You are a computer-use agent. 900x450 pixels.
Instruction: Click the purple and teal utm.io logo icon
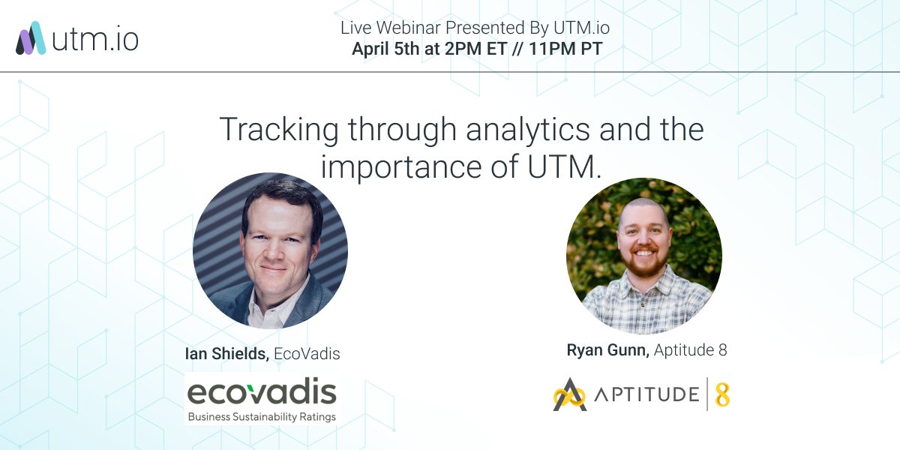coord(31,38)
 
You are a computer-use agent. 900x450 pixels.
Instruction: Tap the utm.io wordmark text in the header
coord(95,38)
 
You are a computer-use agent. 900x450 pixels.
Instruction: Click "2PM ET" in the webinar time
coord(466,49)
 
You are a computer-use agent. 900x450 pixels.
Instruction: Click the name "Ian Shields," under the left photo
coord(227,354)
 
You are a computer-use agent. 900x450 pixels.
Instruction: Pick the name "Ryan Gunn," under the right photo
coord(608,349)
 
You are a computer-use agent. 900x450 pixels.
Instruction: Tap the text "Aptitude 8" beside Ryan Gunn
coord(691,349)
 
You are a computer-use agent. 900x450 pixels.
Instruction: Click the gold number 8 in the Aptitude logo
coord(722,394)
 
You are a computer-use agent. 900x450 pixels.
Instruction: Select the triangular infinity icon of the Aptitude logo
coord(570,394)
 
